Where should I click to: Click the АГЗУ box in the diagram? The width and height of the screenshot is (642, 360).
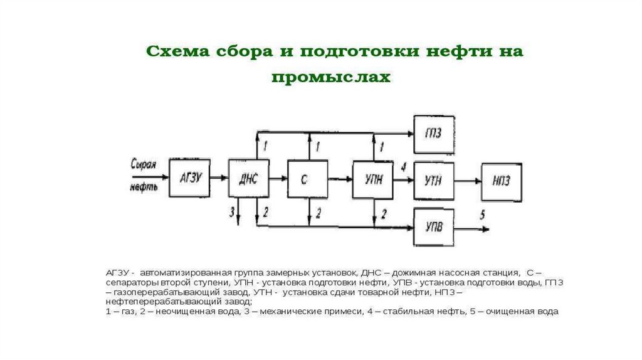click(x=190, y=178)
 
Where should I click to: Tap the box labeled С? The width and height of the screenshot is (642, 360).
click(x=307, y=180)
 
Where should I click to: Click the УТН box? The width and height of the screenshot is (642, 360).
click(x=433, y=181)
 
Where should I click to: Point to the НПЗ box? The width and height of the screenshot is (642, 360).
click(x=501, y=181)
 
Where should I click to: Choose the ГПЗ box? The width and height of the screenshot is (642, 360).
click(x=433, y=134)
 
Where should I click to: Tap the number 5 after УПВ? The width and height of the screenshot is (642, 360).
click(x=482, y=214)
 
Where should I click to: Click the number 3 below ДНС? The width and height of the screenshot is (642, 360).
click(x=231, y=212)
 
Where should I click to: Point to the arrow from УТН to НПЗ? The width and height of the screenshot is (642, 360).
click(x=467, y=181)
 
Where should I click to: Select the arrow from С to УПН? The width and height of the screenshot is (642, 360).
click(x=339, y=180)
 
